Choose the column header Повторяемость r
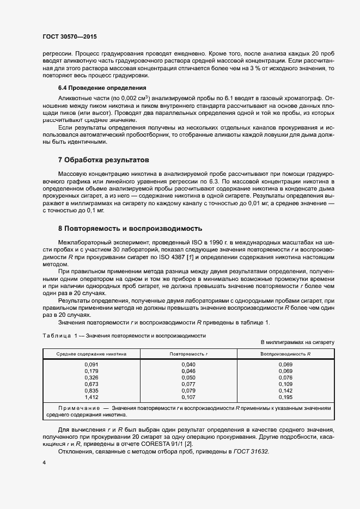coord(189,354)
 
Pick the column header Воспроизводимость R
coord(285,354)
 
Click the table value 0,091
coord(91,364)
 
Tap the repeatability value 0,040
coord(188,364)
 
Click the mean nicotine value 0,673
coord(91,384)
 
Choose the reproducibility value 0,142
coord(285,390)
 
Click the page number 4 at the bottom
coord(44,462)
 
